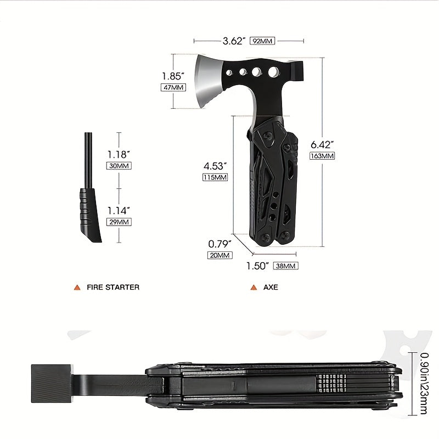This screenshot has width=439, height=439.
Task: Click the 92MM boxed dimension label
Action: tap(262, 41)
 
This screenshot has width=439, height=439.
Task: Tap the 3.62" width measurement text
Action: tap(234, 41)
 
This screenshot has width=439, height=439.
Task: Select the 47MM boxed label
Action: tap(173, 87)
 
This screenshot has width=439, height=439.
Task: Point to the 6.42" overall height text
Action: tap(322, 145)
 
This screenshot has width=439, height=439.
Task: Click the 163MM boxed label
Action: tap(322, 156)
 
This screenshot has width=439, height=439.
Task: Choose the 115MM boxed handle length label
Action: tap(215, 177)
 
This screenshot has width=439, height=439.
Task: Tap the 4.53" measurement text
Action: tap(215, 166)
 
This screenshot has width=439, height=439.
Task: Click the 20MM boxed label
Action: tap(220, 255)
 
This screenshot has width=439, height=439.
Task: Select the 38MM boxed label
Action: tap(285, 266)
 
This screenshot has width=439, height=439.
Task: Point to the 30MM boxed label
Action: tap(119, 166)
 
